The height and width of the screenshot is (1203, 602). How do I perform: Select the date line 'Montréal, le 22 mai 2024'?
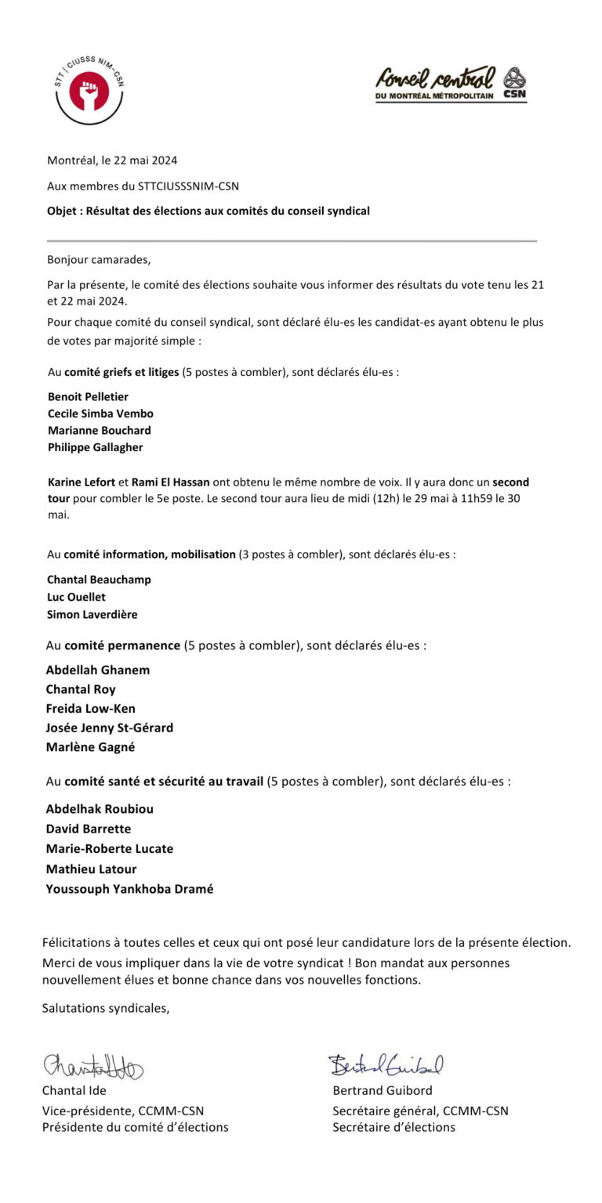click(112, 161)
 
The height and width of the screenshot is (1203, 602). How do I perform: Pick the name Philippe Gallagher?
click(96, 447)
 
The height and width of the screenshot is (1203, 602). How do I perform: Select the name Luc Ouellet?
click(76, 597)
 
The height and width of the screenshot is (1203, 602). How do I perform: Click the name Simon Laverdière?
click(92, 614)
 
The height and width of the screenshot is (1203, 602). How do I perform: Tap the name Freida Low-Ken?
click(90, 708)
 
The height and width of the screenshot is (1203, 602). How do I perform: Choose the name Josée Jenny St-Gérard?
click(109, 728)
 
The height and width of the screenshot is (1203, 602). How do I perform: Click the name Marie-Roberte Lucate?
click(109, 848)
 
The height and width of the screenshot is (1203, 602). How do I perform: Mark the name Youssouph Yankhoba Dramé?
click(129, 889)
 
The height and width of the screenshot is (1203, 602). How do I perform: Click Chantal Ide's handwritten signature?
click(92, 1067)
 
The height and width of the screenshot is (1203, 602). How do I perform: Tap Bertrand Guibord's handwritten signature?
click(386, 1064)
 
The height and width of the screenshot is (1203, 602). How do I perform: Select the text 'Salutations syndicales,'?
click(105, 1008)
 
